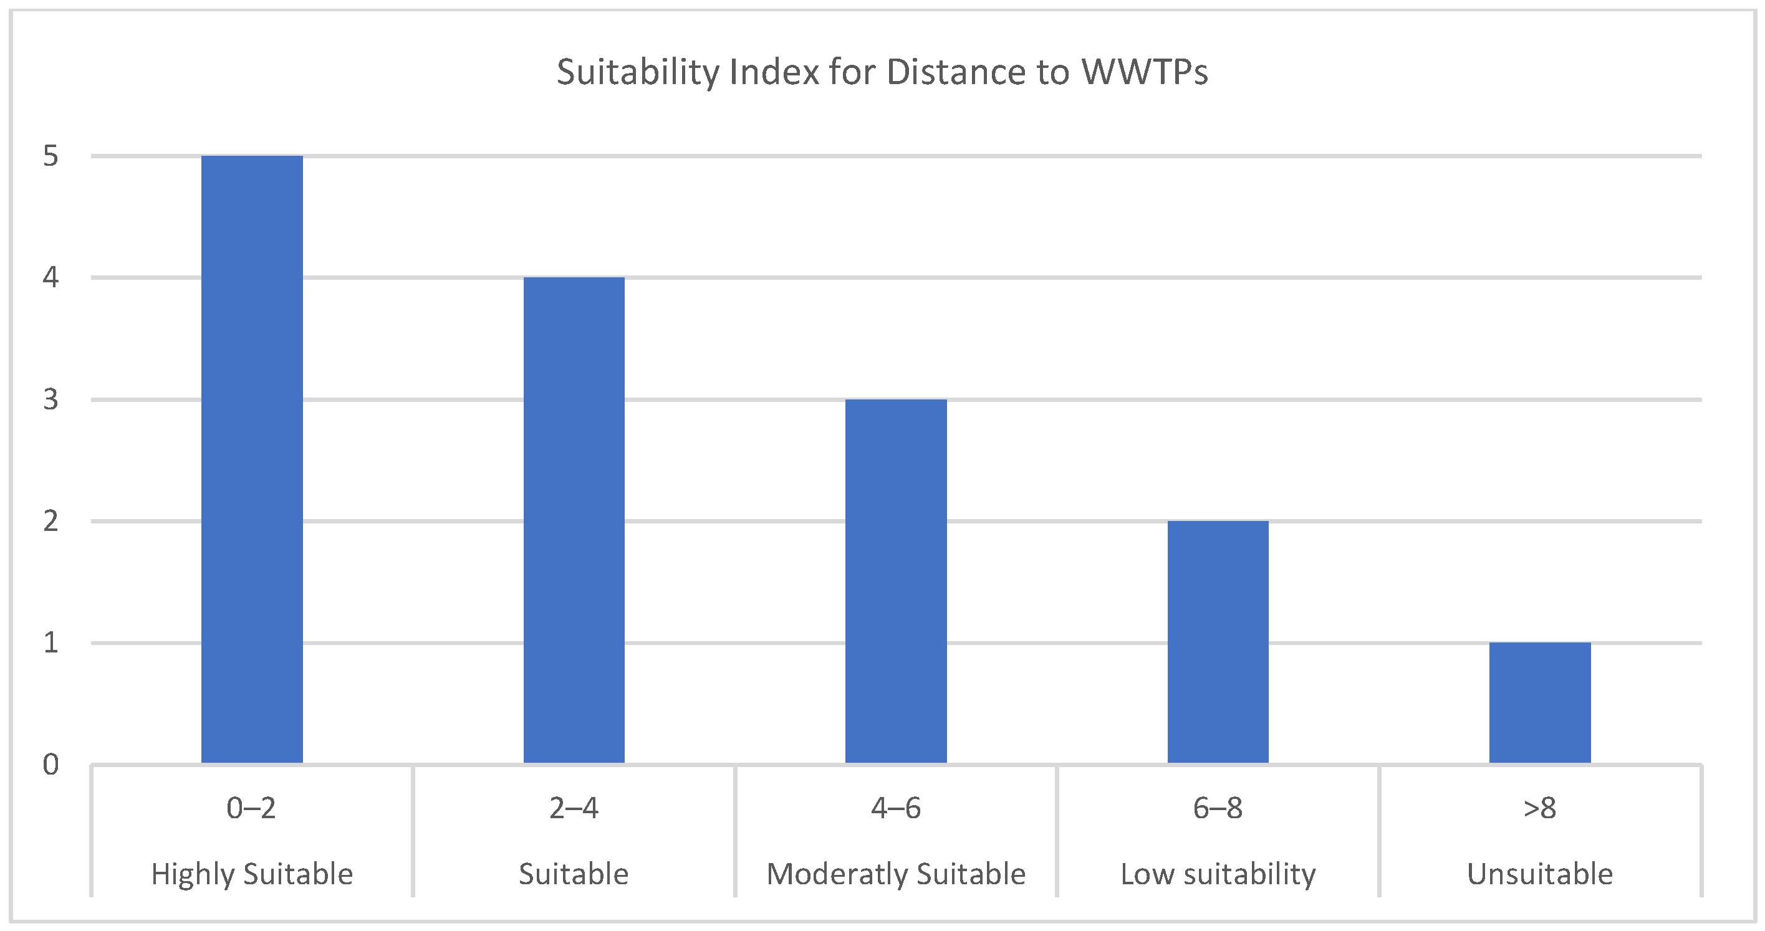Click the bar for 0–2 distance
[x=251, y=459]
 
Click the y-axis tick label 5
[x=50, y=156]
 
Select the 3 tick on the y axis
[x=50, y=399]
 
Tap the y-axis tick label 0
[x=50, y=765]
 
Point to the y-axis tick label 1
[x=50, y=642]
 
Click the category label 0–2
[x=251, y=808]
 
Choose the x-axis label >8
[x=1539, y=808]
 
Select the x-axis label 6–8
[x=1218, y=808]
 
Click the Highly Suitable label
[x=251, y=874]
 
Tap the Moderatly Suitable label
[x=895, y=874]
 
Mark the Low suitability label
[x=1218, y=874]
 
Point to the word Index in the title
[x=774, y=72]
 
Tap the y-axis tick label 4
[x=50, y=277]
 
